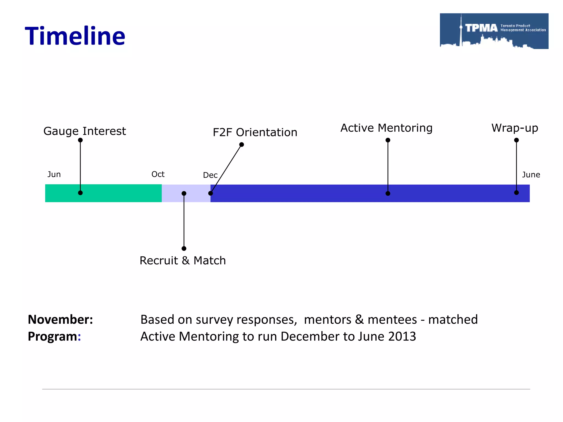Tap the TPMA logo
coord(494,31)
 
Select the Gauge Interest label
coord(85,131)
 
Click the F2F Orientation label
coord(255,132)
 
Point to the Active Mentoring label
coord(386,128)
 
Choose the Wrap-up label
coord(515,128)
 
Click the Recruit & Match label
coord(183,260)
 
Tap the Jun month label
coord(54,174)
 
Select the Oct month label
coord(158,174)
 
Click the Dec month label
coord(210,175)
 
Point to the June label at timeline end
coord(531,175)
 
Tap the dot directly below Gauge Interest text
coord(80,140)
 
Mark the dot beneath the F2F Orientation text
coord(242,145)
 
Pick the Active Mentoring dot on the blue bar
coord(388,193)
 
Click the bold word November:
coord(60,320)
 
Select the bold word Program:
coord(54,337)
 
